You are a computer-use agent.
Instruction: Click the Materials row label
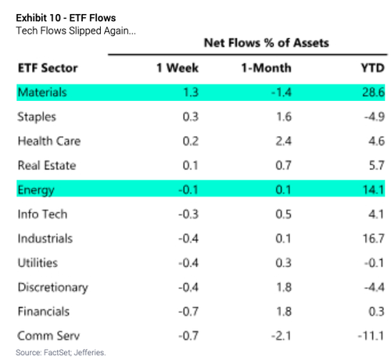click(x=42, y=92)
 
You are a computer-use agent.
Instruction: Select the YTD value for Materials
click(x=373, y=92)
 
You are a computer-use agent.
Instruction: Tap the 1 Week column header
click(x=178, y=68)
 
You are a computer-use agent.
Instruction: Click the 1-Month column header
click(x=266, y=68)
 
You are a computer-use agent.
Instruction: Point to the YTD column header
click(x=373, y=68)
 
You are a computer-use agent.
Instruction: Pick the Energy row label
click(x=36, y=190)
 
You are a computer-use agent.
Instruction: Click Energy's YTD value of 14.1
click(x=374, y=189)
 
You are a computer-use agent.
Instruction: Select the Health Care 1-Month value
click(x=283, y=141)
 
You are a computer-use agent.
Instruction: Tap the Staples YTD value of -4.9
click(x=375, y=117)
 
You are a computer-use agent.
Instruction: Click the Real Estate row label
click(x=47, y=165)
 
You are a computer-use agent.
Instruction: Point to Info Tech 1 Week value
click(x=188, y=214)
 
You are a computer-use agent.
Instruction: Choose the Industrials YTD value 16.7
click(x=374, y=239)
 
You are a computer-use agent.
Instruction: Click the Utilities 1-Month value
click(x=283, y=263)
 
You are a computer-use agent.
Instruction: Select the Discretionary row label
click(x=53, y=288)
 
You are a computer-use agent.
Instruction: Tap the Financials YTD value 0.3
click(x=376, y=311)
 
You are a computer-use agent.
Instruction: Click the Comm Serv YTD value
click(x=371, y=336)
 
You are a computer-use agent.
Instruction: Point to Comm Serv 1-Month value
click(x=281, y=336)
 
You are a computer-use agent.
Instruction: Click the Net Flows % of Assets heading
click(x=266, y=43)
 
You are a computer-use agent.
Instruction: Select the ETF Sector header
click(x=48, y=68)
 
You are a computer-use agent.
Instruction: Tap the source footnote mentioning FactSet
click(x=61, y=352)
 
